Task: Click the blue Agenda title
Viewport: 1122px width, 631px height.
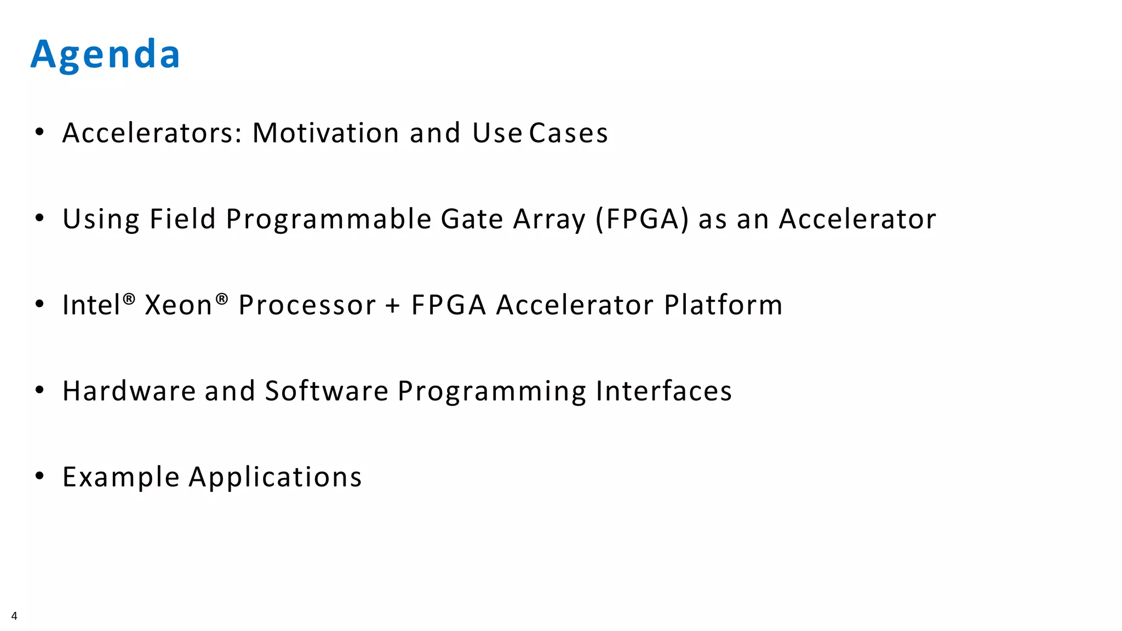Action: pyautogui.click(x=105, y=55)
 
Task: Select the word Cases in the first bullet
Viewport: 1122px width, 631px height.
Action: pyautogui.click(x=569, y=133)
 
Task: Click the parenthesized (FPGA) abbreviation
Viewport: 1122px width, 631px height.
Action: pyautogui.click(x=642, y=219)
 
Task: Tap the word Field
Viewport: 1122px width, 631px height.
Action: pyautogui.click(x=182, y=219)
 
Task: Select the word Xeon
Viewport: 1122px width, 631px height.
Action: pyautogui.click(x=179, y=305)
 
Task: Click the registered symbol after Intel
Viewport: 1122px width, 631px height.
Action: pyautogui.click(x=129, y=299)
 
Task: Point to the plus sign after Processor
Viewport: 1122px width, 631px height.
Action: pyautogui.click(x=393, y=306)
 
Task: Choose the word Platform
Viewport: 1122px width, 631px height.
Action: pyautogui.click(x=723, y=305)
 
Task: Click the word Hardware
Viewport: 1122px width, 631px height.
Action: pyautogui.click(x=129, y=391)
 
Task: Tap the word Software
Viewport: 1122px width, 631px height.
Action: pyautogui.click(x=327, y=391)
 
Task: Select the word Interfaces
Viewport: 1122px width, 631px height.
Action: pyautogui.click(x=663, y=391)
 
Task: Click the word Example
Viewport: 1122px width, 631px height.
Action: pyautogui.click(x=121, y=477)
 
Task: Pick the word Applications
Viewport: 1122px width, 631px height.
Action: pyautogui.click(x=275, y=477)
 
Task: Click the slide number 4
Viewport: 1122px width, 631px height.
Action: pyautogui.click(x=14, y=616)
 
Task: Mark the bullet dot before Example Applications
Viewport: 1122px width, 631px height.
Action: pyautogui.click(x=39, y=475)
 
